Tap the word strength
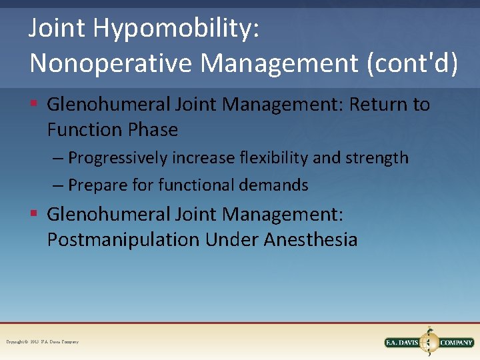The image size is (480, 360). click(x=378, y=158)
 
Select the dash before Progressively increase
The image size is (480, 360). click(x=58, y=159)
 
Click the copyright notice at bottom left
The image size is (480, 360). click(x=42, y=342)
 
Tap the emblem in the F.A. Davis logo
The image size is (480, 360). click(x=429, y=341)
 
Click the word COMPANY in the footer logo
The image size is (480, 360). click(x=456, y=343)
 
